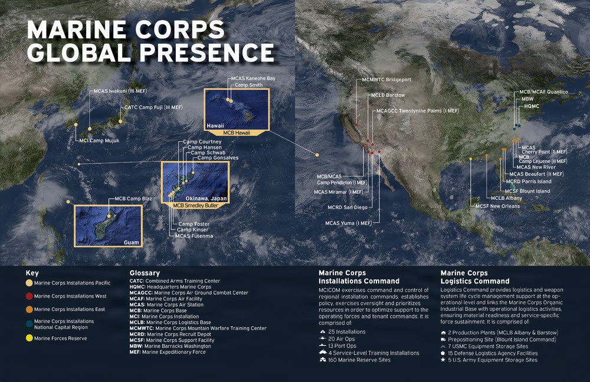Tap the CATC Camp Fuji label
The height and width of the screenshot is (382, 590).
tap(153, 107)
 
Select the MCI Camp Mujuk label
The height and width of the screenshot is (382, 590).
tap(99, 141)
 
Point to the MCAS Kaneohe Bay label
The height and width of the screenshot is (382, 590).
tap(253, 79)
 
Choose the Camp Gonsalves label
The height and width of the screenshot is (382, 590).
tap(218, 158)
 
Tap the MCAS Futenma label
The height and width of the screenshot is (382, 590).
tap(194, 236)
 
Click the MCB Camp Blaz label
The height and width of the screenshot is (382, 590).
tap(133, 198)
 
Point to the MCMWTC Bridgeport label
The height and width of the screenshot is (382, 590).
tap(386, 80)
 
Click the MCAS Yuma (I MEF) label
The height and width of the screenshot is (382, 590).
tap(348, 223)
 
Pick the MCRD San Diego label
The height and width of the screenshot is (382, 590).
tap(348, 208)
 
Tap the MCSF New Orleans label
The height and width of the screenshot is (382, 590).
tap(497, 206)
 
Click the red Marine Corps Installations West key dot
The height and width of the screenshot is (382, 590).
tap(29, 296)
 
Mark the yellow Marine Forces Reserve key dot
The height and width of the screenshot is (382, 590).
tap(29, 338)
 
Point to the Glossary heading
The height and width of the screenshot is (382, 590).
tap(145, 273)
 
